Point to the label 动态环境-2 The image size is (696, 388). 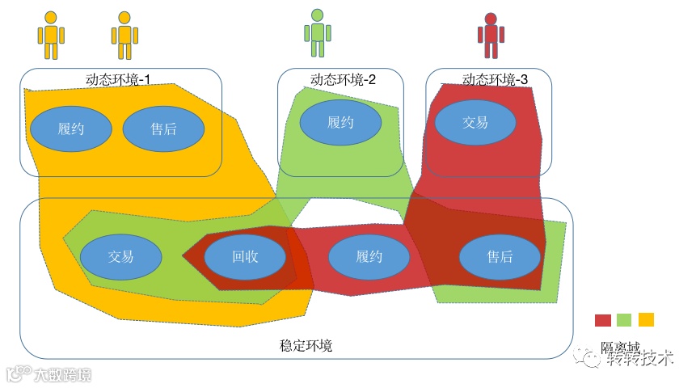coord(343,79)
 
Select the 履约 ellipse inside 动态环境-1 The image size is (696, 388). coord(71,129)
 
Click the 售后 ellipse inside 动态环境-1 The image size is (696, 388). coord(163,129)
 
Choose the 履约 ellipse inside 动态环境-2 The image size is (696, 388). coord(340,123)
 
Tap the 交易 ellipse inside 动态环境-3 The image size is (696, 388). coord(475,123)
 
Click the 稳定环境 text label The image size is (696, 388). coord(306,346)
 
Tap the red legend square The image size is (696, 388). coord(603,320)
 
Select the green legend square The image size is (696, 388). coord(624,320)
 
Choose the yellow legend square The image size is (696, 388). coord(646,319)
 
